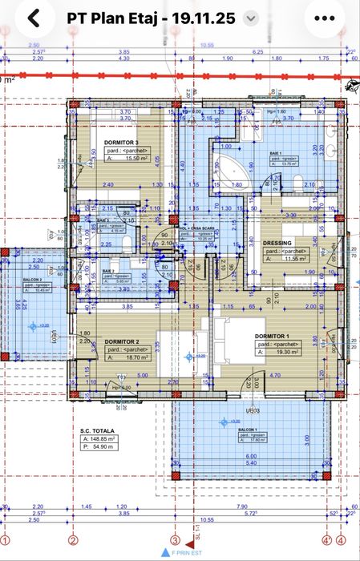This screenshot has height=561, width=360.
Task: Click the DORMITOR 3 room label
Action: click(121, 142)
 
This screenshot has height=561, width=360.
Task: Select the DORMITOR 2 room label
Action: click(121, 341)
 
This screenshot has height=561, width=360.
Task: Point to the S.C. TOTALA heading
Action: click(97, 431)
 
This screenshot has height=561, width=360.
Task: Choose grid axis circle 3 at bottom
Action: click(175, 539)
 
